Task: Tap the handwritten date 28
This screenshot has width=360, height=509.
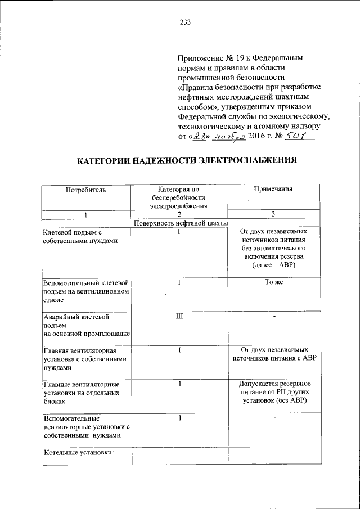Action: coord(196,137)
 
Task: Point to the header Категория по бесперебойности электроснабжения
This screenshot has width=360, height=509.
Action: coord(178,198)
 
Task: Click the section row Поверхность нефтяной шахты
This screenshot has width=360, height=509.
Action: coord(178,223)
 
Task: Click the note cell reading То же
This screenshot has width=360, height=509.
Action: coord(272,282)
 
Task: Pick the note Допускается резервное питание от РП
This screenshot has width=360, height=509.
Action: coord(272,392)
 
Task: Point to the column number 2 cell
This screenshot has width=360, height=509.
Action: coord(178,214)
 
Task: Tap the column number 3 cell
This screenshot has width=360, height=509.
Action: coord(272,214)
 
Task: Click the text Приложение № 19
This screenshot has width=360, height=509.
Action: coord(211,58)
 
